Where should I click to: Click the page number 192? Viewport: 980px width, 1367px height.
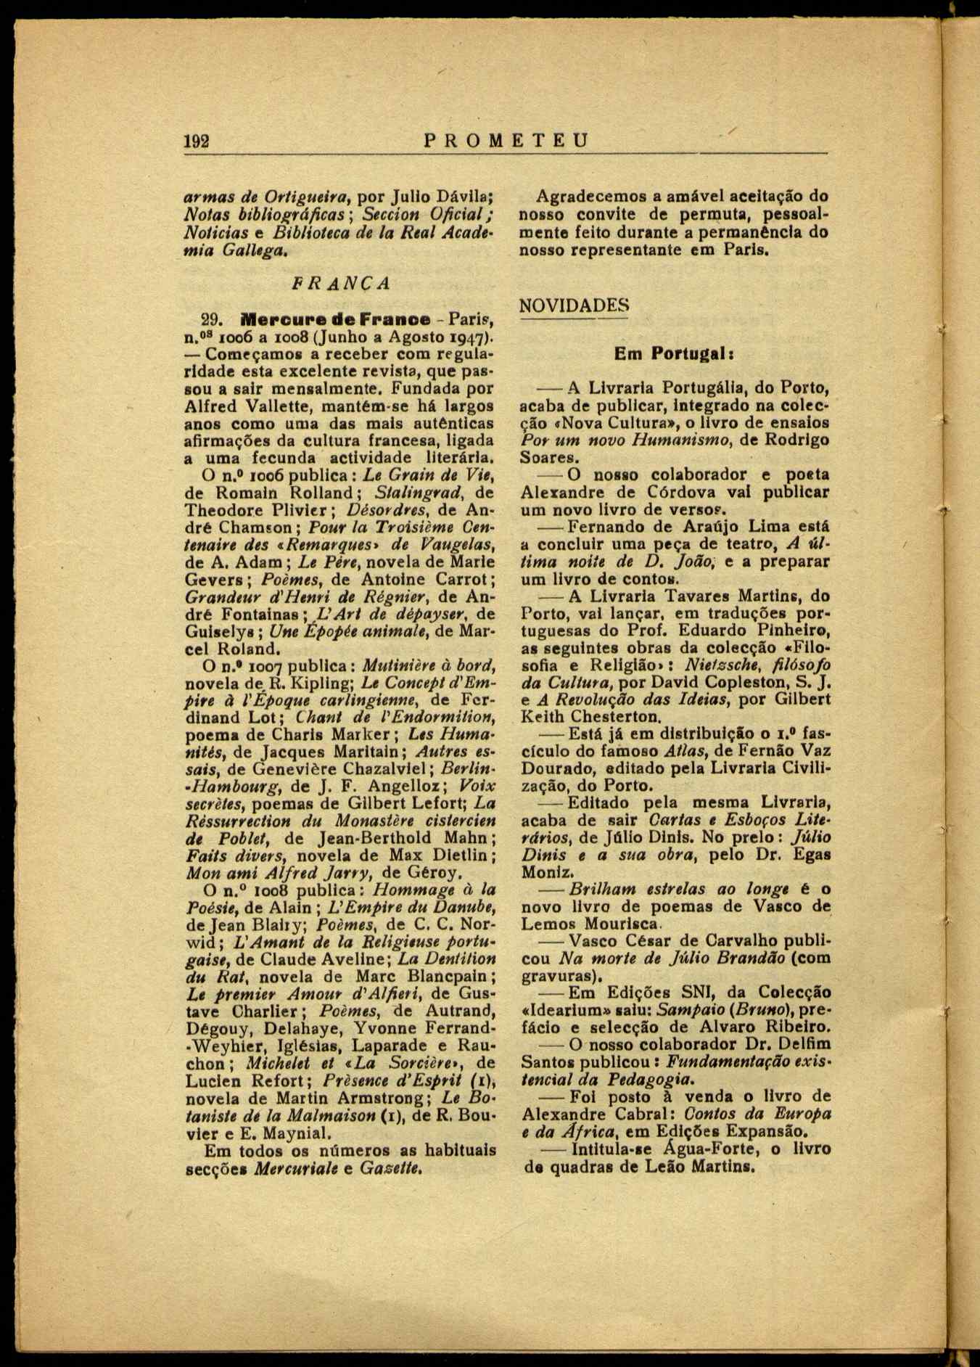(x=196, y=141)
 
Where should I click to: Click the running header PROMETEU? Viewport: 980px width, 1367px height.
(x=506, y=140)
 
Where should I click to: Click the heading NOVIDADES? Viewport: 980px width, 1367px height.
(x=574, y=305)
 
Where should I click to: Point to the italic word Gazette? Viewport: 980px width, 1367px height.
(x=391, y=1168)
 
